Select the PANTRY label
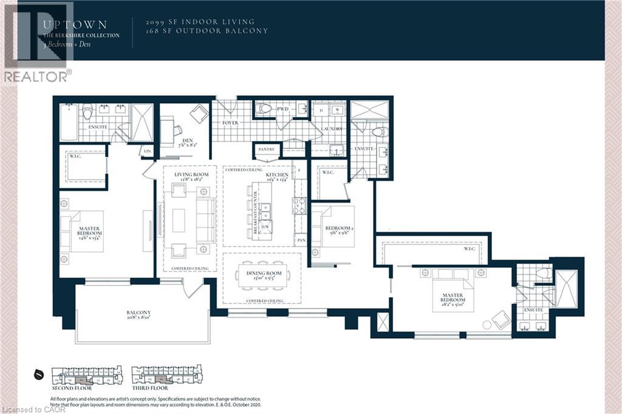[266, 149]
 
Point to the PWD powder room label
[282, 110]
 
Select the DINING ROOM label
[264, 274]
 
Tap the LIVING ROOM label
[191, 175]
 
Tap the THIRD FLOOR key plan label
[150, 388]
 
